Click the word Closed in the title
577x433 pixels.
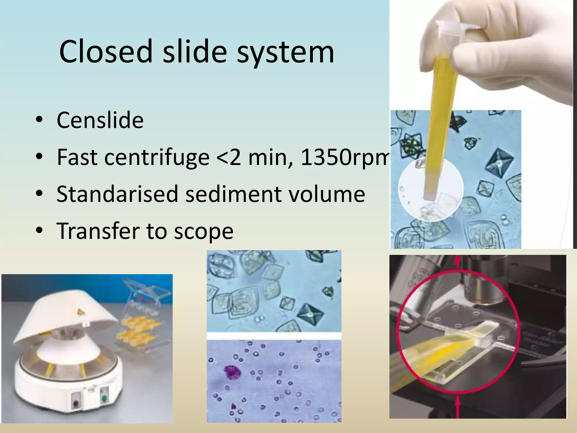(106, 51)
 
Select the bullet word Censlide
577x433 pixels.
(100, 120)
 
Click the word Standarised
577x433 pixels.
(117, 194)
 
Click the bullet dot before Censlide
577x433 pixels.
(39, 120)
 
